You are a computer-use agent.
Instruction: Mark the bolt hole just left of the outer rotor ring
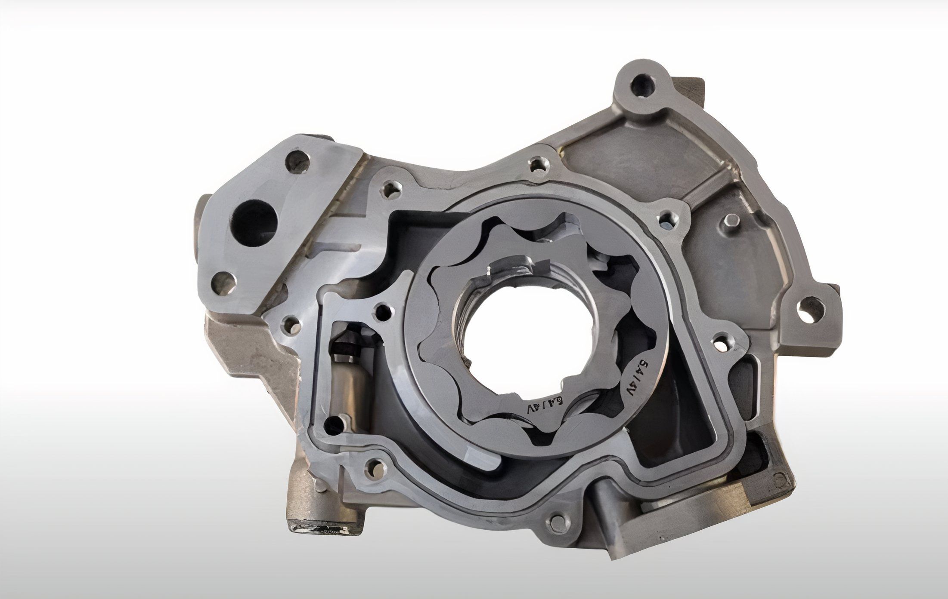pyautogui.click(x=381, y=309)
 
